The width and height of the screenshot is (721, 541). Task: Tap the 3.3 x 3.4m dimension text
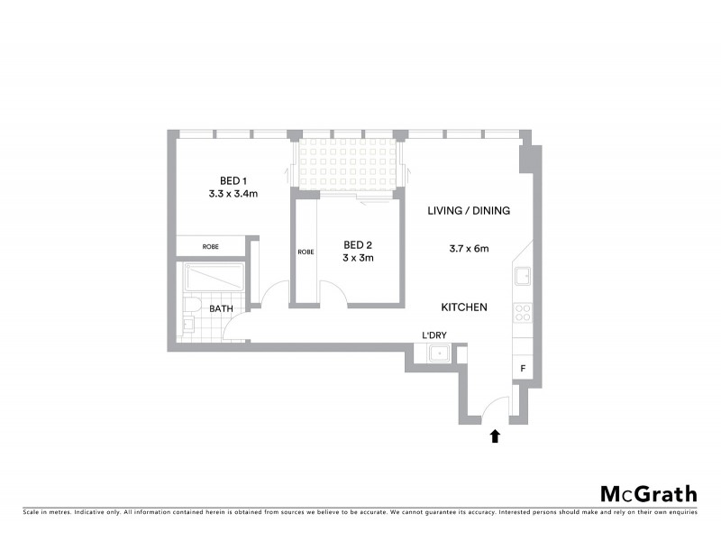coord(233,193)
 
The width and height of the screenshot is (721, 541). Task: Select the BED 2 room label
coord(358,244)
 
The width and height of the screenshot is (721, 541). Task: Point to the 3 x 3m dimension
coord(358,258)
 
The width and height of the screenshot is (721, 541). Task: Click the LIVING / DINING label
coord(469,211)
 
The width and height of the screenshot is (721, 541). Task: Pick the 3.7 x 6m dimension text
coord(469,249)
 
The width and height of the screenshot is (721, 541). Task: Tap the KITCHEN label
coord(464,307)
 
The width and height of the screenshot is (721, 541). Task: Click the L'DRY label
coord(434,336)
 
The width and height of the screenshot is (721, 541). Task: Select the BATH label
coord(221,308)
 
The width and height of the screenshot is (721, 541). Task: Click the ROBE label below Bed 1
coord(209,246)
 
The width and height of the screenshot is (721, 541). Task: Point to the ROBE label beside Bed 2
coord(306,252)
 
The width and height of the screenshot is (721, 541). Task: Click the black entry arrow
coord(494,437)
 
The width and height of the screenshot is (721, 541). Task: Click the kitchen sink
coord(523,276)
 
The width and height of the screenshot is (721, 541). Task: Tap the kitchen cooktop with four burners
coord(523,312)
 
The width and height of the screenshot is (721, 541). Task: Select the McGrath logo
coord(649,493)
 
